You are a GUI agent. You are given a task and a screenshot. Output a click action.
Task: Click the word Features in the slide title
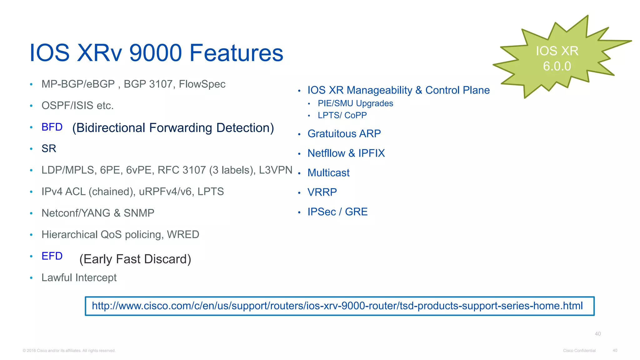[236, 53]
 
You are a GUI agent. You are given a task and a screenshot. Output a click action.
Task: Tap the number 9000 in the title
[155, 53]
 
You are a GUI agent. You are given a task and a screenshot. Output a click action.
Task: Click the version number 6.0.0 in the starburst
[557, 66]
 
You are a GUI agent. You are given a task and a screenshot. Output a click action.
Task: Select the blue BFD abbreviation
[52, 127]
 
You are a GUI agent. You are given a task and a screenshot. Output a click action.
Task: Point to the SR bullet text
[49, 148]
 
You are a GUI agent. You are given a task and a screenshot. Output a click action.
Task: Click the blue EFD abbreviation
[52, 256]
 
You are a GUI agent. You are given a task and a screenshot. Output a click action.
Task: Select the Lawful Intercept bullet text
[79, 277]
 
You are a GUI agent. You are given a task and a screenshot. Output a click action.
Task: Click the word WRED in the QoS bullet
[183, 234]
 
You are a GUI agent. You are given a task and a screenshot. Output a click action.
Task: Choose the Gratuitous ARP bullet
[344, 134]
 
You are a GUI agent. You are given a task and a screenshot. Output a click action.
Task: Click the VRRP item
[322, 192]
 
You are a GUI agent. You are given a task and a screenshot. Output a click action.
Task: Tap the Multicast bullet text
[328, 173]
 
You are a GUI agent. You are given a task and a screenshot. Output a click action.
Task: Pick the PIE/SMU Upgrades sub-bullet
[355, 103]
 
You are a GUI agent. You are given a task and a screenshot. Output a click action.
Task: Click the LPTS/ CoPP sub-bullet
[342, 115]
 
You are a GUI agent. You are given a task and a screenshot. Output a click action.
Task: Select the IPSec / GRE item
[337, 212]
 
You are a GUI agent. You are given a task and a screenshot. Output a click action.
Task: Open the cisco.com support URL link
[337, 306]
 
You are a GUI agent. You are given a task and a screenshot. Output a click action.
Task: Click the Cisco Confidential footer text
[579, 351]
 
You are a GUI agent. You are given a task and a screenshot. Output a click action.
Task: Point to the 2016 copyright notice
[69, 351]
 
